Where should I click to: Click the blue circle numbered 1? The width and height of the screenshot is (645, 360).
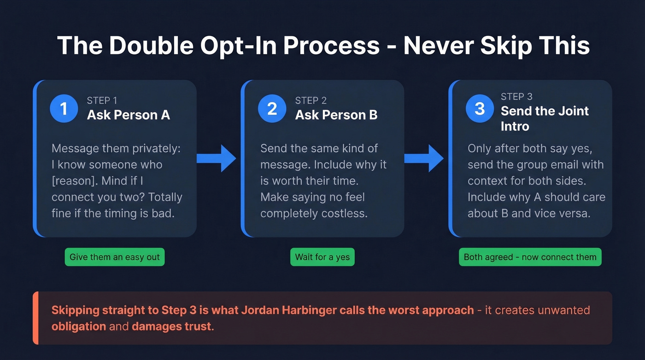point(64,108)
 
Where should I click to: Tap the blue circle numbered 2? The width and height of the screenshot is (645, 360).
point(272,108)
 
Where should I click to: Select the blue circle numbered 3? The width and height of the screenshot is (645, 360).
point(480,108)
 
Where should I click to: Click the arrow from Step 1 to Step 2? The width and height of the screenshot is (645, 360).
point(216,159)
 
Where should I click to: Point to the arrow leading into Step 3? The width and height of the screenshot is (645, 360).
point(424,159)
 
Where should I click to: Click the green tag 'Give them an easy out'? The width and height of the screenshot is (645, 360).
point(115,257)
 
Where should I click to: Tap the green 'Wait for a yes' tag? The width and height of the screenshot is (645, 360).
point(322,257)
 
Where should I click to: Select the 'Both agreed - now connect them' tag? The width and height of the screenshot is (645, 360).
point(530,257)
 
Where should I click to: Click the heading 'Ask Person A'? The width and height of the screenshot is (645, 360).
point(129,115)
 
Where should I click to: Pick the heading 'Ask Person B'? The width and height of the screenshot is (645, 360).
point(336,115)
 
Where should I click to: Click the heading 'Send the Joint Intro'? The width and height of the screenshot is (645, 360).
point(545,118)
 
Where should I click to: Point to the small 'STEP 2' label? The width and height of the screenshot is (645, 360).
point(311,101)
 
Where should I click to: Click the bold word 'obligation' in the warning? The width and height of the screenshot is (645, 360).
point(79,327)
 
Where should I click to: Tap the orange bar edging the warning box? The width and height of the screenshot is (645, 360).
point(35,318)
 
